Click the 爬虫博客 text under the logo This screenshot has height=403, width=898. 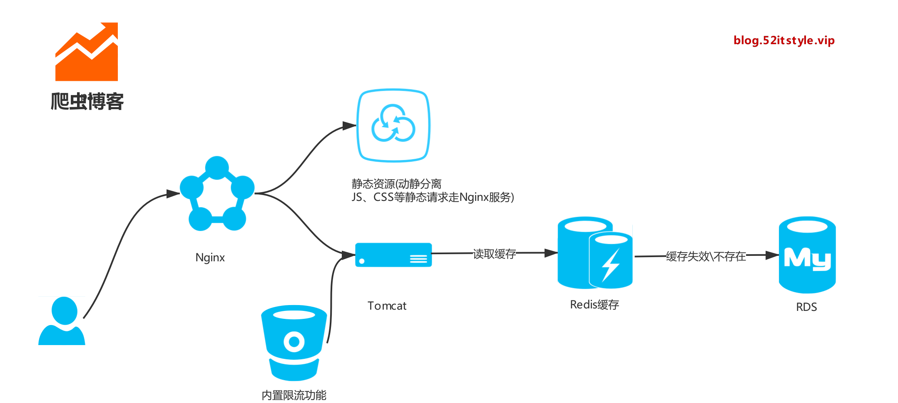(87, 101)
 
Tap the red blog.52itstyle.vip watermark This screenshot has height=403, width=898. (784, 40)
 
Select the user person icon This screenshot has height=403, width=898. (62, 321)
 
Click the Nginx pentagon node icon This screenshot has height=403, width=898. (217, 194)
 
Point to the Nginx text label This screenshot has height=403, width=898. (210, 258)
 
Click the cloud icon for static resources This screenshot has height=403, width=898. (393, 125)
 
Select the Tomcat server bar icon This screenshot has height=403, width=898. (393, 255)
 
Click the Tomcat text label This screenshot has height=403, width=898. (387, 306)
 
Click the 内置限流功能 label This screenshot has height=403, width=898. (294, 395)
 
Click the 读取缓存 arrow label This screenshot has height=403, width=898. (494, 253)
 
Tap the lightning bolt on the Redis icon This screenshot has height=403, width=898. (611, 265)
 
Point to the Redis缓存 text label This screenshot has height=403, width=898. (595, 305)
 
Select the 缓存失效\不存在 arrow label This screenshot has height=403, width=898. (706, 256)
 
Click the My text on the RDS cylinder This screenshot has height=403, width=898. (806, 259)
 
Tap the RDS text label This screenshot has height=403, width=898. (806, 307)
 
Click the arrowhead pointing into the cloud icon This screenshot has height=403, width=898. (349, 125)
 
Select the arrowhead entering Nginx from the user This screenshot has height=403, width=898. (173, 193)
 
